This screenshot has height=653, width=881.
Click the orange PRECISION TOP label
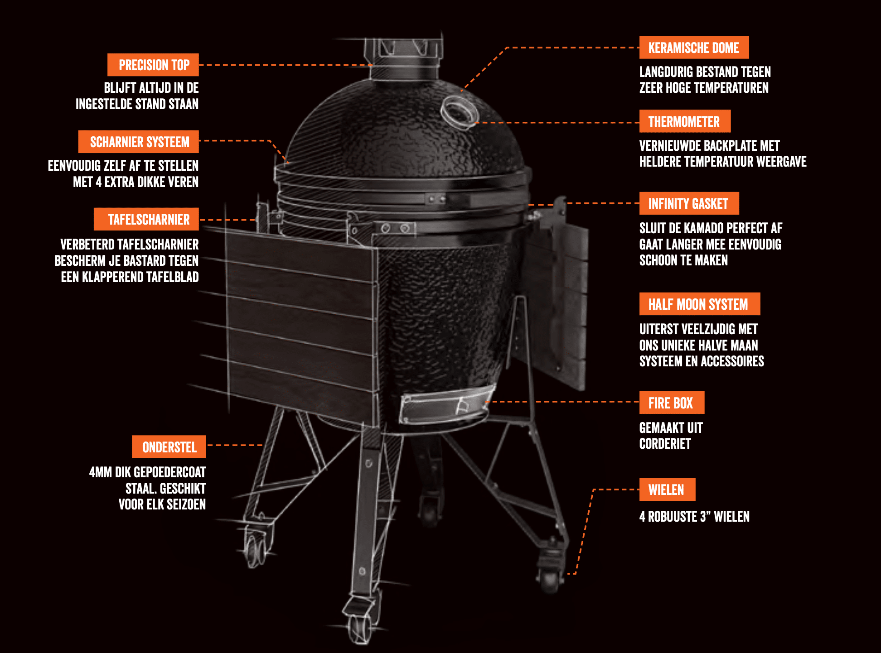pyautogui.click(x=153, y=65)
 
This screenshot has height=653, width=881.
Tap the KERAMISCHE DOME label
pyautogui.click(x=694, y=48)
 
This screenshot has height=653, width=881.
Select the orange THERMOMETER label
pyautogui.click(x=685, y=121)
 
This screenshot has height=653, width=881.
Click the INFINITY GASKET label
pyautogui.click(x=689, y=203)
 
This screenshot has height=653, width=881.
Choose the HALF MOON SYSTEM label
pyautogui.click(x=699, y=304)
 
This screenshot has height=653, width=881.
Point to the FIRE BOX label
pyautogui.click(x=672, y=403)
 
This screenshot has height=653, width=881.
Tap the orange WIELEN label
pyautogui.click(x=667, y=490)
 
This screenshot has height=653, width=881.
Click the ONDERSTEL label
pyautogui.click(x=169, y=447)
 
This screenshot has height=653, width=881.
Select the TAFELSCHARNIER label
pyautogui.click(x=146, y=219)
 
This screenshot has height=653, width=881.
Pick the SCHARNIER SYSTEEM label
pyautogui.click(x=139, y=142)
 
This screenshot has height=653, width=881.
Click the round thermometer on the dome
pyautogui.click(x=459, y=112)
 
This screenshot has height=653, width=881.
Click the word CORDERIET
pyautogui.click(x=665, y=444)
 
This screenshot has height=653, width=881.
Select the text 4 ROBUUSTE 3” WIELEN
pyautogui.click(x=694, y=517)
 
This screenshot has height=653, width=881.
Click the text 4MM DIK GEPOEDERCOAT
pyautogui.click(x=148, y=472)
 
